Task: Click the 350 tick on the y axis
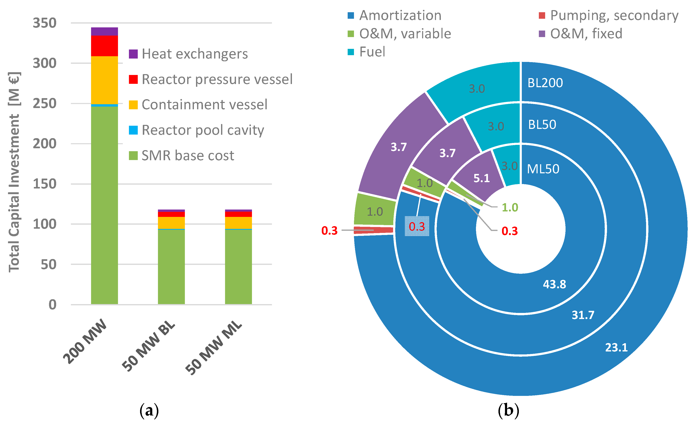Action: click(44, 23)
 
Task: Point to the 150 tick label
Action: click(44, 184)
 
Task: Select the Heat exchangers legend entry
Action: click(188, 54)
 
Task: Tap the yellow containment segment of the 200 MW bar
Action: click(104, 80)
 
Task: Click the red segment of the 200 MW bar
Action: click(104, 46)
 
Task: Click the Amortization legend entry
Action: click(395, 16)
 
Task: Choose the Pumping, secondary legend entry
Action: click(608, 16)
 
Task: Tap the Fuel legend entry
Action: click(366, 52)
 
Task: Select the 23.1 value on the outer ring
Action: click(616, 347)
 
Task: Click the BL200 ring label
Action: click(545, 83)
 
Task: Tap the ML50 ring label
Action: click(543, 169)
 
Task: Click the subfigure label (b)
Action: click(508, 411)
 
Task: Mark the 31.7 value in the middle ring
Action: click(583, 315)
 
